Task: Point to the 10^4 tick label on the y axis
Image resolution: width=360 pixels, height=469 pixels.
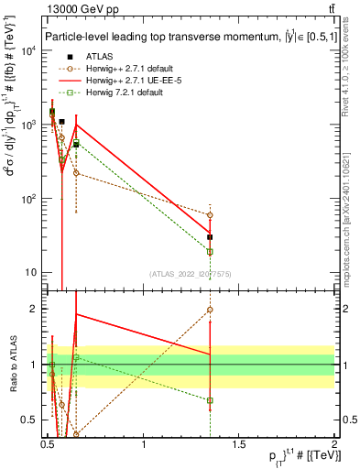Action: coord(29,50)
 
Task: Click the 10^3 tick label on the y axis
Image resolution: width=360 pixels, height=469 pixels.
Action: coord(29,125)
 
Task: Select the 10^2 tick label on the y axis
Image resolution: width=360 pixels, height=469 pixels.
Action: coord(29,199)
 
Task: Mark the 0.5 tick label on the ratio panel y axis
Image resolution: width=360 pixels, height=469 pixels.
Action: coord(33,420)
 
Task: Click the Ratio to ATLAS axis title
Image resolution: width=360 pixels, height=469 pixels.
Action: coord(12,365)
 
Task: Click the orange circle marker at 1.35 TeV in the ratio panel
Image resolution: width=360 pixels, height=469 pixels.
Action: coord(211,310)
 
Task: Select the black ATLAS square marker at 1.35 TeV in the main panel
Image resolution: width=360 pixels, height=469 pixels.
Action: coord(211,236)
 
